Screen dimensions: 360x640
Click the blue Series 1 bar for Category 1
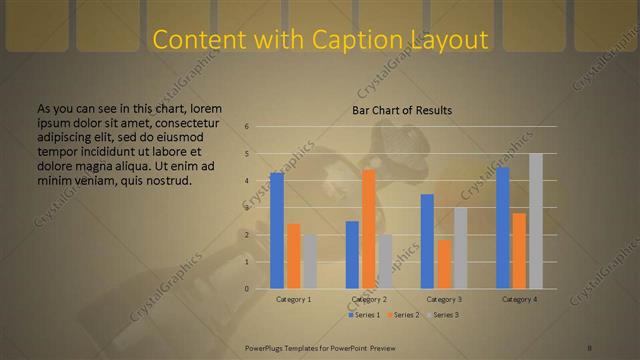coord(277,231)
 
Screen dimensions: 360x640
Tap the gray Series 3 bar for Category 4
coord(536,221)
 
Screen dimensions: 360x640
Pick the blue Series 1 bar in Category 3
coord(427,241)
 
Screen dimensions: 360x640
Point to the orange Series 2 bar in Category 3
coord(444,264)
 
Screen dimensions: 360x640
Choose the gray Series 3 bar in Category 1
coord(309,262)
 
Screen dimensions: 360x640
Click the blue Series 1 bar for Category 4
coord(503,228)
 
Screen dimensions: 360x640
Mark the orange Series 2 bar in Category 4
coord(519,251)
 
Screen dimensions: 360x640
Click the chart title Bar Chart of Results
coord(402,110)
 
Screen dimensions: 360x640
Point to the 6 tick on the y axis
coord(246,127)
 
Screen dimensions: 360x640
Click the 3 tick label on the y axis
coord(246,208)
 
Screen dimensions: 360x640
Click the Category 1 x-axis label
coord(293,299)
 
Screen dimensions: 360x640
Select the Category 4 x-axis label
coord(519,299)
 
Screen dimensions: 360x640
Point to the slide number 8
coord(591,347)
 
